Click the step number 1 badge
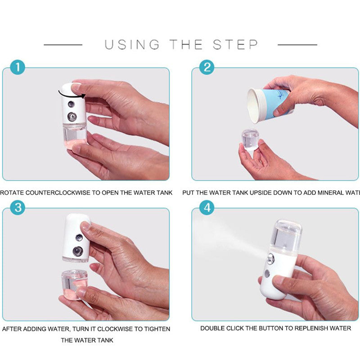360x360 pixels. coord(18,67)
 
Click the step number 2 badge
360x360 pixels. coord(207,67)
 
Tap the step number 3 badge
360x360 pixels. coord(18,208)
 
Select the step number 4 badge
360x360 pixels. coord(207,208)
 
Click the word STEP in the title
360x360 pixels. coord(236,45)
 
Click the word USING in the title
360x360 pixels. coord(132,45)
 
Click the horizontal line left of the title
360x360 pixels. coord(63,45)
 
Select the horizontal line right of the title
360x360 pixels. coord(297,45)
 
